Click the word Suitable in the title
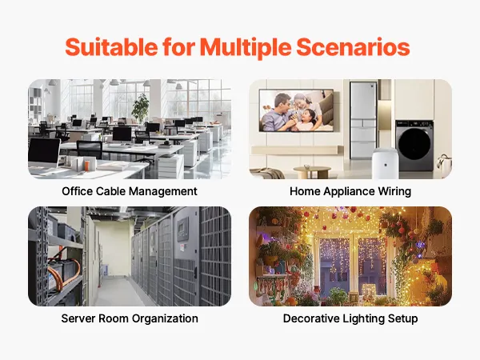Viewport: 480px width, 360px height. [x=111, y=47]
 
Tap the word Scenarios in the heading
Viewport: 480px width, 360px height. [x=353, y=47]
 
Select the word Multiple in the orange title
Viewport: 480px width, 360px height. [x=246, y=48]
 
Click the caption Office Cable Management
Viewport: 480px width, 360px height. [x=130, y=191]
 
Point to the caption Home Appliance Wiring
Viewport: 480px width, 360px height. [x=350, y=191]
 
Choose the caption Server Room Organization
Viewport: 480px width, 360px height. [x=130, y=318]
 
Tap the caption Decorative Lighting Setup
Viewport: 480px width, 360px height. [x=350, y=318]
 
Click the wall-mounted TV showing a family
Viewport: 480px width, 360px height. [x=296, y=110]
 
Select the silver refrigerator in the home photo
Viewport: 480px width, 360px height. [x=362, y=120]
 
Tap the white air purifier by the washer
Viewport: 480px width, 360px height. [x=385, y=163]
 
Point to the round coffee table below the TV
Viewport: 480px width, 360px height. [x=312, y=172]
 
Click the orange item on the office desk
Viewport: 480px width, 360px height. [x=86, y=166]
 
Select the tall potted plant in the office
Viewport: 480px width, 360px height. [x=140, y=108]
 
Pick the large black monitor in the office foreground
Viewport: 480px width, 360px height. [x=44, y=153]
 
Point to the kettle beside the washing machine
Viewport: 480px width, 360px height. [x=444, y=166]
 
